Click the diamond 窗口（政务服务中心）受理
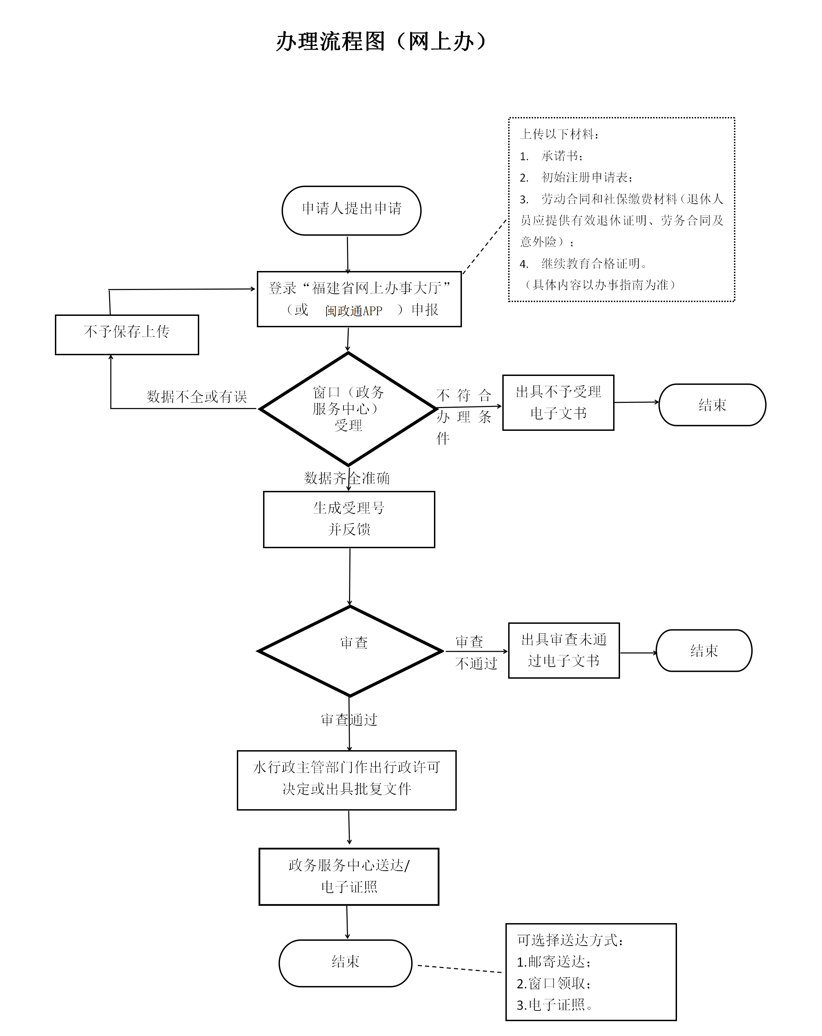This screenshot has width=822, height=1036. tap(348, 408)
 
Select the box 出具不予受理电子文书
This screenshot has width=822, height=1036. tap(558, 402)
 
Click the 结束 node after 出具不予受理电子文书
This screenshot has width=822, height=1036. tap(712, 405)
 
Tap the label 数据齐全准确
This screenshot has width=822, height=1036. tap(347, 478)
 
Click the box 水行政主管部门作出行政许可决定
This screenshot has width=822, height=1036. tap(346, 780)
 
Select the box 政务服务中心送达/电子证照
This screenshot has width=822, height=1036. tap(349, 877)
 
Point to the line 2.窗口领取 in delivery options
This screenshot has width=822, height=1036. tap(553, 983)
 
